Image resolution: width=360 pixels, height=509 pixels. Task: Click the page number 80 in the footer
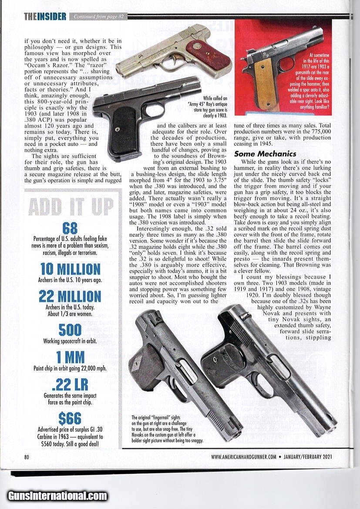point(27,457)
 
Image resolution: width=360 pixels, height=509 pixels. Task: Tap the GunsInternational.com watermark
point(57,496)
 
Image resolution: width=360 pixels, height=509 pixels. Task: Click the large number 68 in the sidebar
point(70,228)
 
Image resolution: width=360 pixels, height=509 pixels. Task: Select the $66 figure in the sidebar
point(70,418)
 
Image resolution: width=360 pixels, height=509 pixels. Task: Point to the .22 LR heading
point(70,384)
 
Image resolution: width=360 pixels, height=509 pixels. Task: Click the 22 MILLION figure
point(70,296)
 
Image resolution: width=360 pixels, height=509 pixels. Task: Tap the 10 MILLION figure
point(70,269)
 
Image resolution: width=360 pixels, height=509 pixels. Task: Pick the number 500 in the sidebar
point(70,330)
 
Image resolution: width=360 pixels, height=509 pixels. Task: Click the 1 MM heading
point(70,357)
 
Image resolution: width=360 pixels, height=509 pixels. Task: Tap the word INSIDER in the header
point(51,17)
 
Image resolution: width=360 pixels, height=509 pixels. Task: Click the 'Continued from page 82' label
point(99,17)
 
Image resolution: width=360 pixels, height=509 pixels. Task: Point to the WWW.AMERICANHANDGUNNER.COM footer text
point(244,457)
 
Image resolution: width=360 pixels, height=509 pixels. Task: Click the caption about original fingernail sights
point(167,429)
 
